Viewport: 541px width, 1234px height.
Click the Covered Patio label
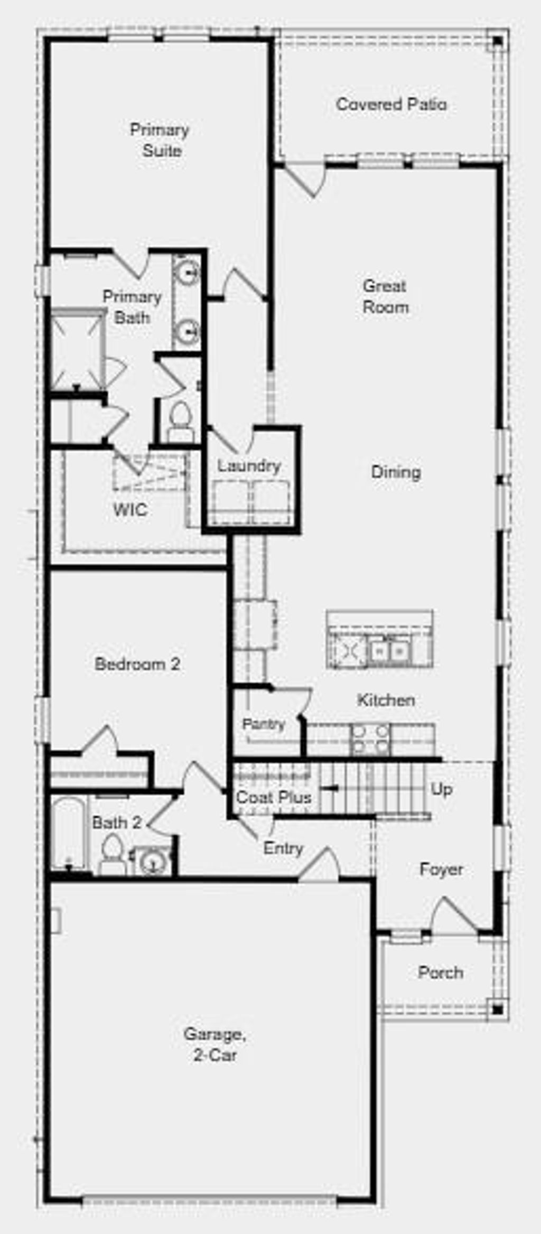point(391,104)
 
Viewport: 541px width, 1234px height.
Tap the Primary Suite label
point(160,140)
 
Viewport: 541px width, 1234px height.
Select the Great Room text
point(385,296)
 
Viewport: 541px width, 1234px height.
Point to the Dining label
point(396,472)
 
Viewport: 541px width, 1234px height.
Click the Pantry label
point(263,723)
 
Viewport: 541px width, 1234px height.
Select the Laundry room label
point(249,466)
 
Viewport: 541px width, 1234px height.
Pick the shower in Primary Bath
point(77,350)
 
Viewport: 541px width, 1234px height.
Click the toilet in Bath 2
point(112,853)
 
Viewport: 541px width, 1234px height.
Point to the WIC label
point(130,510)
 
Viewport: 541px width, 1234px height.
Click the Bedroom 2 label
point(137,663)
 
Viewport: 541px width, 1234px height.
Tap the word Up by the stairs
point(441,789)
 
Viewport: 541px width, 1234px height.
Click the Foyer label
point(441,869)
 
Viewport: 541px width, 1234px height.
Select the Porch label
point(440,973)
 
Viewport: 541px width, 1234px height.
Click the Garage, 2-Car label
point(214,1044)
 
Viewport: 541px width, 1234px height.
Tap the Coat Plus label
point(273,797)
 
